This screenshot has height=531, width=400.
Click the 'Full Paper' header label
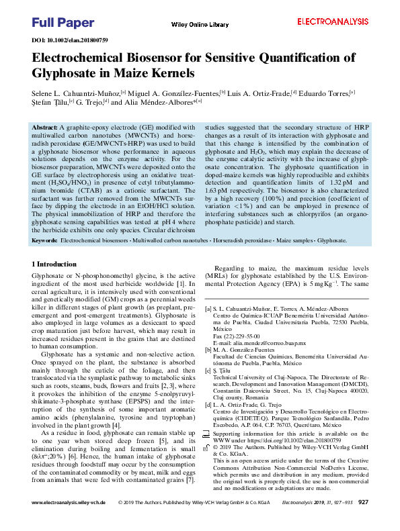pos(54,23)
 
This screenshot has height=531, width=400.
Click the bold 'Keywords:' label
pos(44,240)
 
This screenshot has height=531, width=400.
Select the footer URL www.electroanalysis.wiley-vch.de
pos(69,521)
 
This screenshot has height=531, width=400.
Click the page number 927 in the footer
pos(363,521)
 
